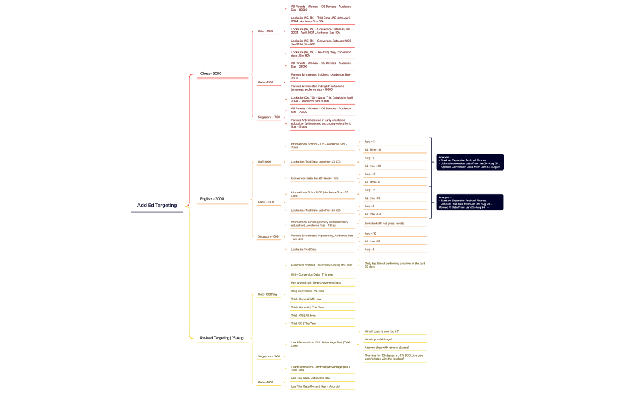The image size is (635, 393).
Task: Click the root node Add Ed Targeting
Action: click(x=157, y=205)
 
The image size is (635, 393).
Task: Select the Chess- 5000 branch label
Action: click(x=210, y=74)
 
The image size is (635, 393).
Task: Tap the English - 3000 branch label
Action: click(x=212, y=198)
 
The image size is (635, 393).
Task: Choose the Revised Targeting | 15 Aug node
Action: click(x=221, y=337)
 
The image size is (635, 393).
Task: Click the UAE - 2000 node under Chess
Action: click(x=265, y=31)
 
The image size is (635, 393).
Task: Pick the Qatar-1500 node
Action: click(x=265, y=82)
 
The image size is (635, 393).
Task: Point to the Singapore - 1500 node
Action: click(x=269, y=117)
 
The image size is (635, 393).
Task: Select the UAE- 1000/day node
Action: click(x=267, y=294)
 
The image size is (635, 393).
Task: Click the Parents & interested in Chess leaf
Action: click(x=321, y=76)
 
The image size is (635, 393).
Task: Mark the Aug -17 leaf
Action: click(x=370, y=190)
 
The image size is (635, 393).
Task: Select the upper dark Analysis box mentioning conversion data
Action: click(x=470, y=162)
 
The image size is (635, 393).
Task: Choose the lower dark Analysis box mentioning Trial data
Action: click(x=470, y=202)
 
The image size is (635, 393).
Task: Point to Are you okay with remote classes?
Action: click(x=387, y=348)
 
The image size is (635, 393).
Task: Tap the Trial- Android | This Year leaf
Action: click(x=307, y=307)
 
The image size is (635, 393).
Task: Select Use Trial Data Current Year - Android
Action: click(x=315, y=386)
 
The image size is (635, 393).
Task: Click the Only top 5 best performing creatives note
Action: click(x=394, y=265)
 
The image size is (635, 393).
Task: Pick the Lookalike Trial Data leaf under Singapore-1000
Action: click(x=304, y=249)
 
